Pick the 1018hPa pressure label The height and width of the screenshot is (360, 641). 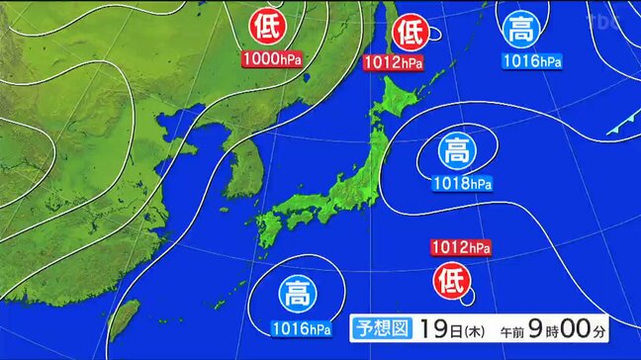[x=462, y=183]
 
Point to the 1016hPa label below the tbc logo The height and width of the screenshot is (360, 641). [x=532, y=61]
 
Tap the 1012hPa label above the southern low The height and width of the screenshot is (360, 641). [x=460, y=247]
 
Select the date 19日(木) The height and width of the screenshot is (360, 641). [x=444, y=327]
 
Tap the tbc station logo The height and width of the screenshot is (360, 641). [x=603, y=19]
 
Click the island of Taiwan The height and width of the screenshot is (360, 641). [x=123, y=320]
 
